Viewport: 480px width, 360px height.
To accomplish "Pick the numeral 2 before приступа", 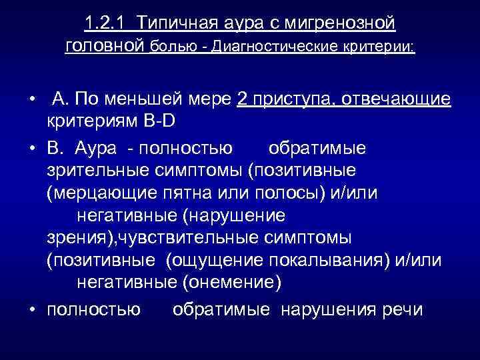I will [241, 100].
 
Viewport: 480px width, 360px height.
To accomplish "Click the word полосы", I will [284, 193].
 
